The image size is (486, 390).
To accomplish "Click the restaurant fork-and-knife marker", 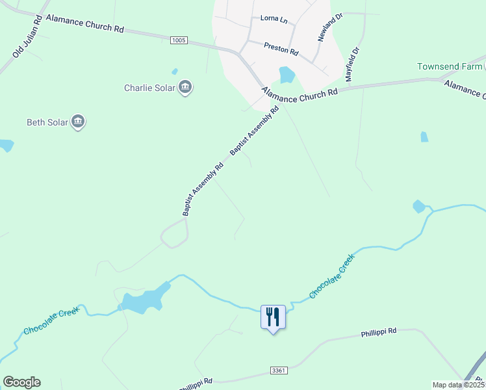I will click(273, 317).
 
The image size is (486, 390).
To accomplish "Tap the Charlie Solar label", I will click(149, 88).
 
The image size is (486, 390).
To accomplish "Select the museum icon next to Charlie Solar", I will click(185, 87).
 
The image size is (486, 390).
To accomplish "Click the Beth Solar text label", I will click(47, 122).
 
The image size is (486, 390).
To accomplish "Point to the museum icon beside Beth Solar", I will click(78, 122).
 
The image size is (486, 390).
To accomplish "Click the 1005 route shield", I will click(179, 40).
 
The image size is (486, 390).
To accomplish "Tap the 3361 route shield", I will click(278, 370).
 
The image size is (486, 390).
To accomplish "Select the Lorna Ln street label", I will click(274, 19).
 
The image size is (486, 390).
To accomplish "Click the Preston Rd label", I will click(281, 47).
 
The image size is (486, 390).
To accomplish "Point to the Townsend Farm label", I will click(448, 67).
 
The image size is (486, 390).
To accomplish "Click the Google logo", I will click(21, 382).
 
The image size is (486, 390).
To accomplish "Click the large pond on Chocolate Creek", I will click(144, 300).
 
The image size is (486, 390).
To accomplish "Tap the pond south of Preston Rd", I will click(286, 75).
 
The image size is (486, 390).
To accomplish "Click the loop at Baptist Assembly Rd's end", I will click(174, 233).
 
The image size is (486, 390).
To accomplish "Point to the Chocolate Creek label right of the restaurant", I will click(332, 276).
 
